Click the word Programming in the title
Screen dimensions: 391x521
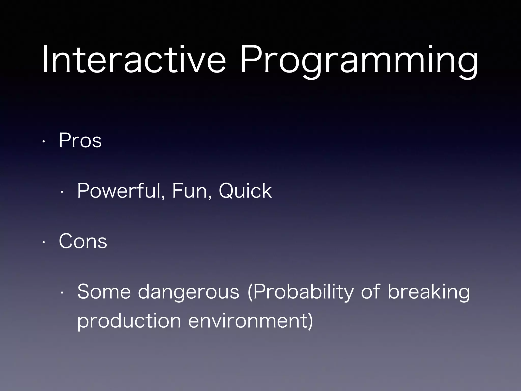359,61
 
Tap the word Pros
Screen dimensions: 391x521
80,141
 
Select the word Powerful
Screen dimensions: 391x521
120,191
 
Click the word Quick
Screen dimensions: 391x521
245,191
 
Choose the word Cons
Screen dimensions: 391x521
83,241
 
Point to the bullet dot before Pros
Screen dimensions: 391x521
44,142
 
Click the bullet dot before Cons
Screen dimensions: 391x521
44,242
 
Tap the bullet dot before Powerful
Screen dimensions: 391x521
62,192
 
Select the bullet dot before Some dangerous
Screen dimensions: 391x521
62,293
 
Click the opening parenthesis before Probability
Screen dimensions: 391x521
250,292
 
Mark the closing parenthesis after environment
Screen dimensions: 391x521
310,321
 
